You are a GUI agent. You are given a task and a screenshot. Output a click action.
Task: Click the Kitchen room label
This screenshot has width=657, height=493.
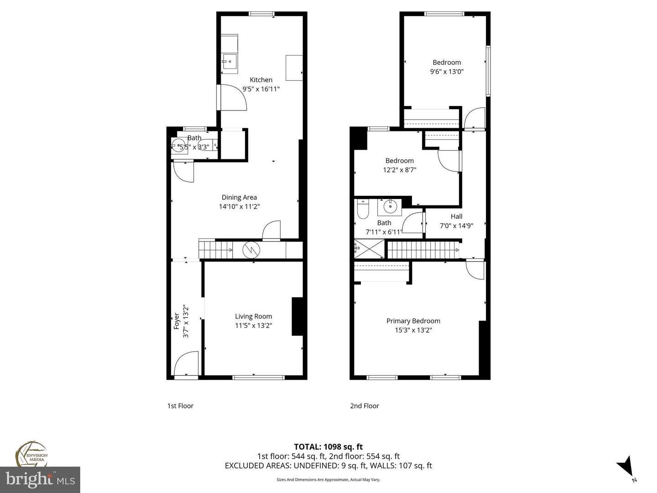[261, 80]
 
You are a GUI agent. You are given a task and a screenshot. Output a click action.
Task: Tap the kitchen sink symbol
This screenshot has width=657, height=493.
[229, 60]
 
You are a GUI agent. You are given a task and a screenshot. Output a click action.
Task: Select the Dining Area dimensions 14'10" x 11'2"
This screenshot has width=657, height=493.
[239, 206]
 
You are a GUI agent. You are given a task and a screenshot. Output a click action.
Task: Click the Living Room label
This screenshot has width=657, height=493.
[253, 316]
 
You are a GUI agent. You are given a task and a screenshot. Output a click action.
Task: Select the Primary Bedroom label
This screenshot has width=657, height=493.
[413, 321]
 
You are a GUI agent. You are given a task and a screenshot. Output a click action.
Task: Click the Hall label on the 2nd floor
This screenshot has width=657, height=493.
[456, 216]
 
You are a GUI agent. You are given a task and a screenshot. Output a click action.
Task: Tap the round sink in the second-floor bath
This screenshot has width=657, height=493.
[390, 206]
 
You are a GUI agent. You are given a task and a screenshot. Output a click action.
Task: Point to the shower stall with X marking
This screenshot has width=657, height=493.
[369, 249]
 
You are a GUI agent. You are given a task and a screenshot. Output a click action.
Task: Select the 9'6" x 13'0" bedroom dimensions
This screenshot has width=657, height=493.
[447, 72]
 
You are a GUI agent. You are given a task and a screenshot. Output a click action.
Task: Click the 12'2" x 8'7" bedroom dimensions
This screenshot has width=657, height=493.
[399, 170]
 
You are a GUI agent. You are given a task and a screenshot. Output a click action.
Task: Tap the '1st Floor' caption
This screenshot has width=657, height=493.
[180, 406]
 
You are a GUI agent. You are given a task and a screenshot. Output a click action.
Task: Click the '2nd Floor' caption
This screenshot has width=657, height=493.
[364, 406]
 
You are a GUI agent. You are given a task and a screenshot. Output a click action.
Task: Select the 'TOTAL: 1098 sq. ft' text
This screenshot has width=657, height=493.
[328, 446]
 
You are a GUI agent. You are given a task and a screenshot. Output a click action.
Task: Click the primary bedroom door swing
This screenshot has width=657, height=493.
[475, 269]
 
